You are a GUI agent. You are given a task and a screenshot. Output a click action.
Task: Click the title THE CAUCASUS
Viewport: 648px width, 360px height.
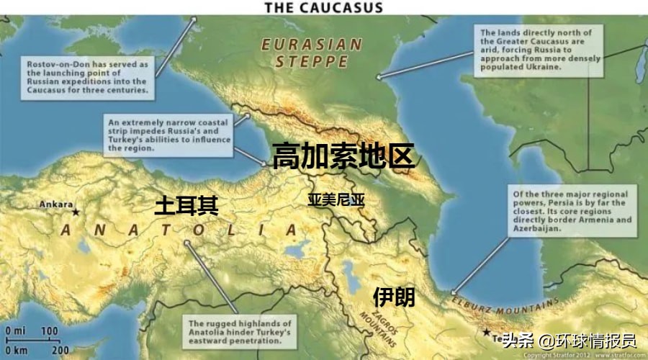click(323, 8)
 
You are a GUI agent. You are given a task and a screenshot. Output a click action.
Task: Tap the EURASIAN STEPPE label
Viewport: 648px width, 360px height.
click(311, 53)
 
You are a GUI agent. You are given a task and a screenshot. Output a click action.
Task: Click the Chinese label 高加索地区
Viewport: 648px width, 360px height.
click(343, 156)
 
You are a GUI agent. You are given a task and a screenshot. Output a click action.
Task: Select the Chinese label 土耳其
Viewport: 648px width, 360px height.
click(186, 206)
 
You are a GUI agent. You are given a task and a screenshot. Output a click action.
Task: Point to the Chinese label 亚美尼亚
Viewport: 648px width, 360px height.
click(336, 199)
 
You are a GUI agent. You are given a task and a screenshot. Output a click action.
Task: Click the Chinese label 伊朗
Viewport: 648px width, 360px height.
click(394, 296)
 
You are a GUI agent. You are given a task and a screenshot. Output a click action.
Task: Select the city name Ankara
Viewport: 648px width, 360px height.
click(55, 204)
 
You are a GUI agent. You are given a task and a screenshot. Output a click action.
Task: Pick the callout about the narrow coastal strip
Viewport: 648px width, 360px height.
click(169, 133)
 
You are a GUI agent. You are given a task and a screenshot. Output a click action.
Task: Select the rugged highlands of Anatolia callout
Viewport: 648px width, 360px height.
click(240, 333)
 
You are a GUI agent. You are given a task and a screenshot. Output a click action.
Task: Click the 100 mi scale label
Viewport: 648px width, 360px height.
click(49, 330)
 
